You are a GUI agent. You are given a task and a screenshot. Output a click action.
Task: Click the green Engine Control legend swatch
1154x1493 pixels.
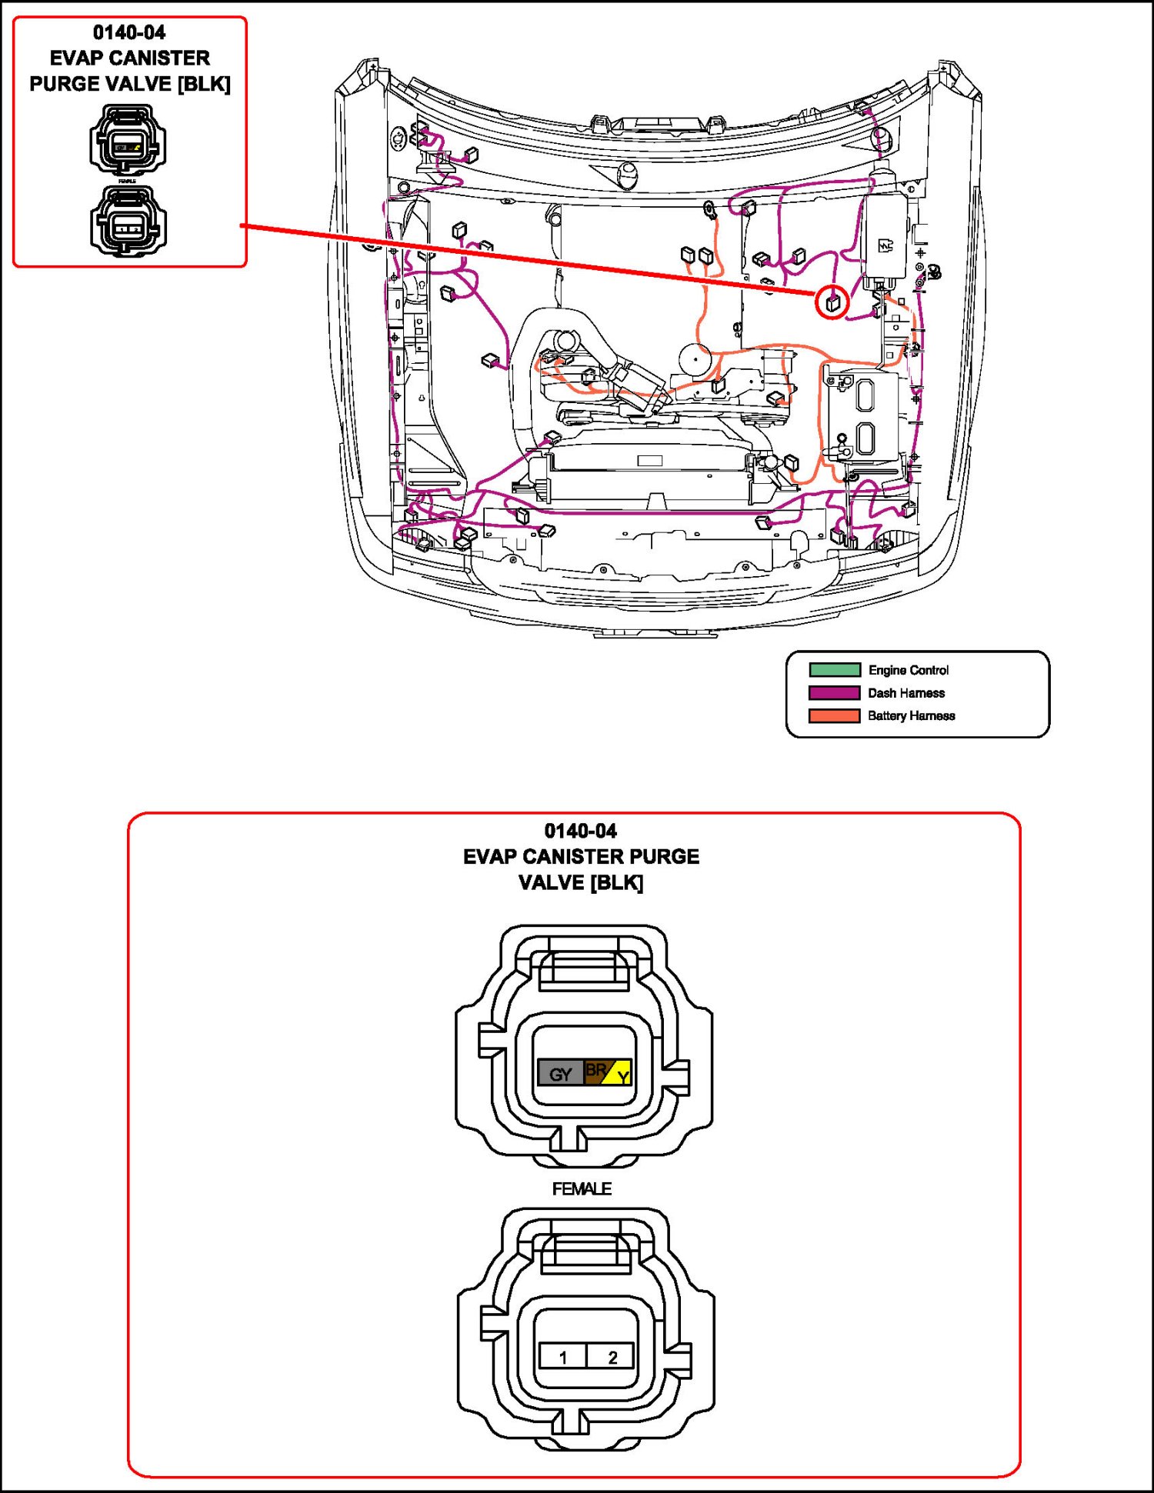point(834,670)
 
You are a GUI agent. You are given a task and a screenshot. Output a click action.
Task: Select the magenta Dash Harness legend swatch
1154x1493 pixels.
point(834,693)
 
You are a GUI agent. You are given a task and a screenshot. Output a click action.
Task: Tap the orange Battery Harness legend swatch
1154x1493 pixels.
point(834,716)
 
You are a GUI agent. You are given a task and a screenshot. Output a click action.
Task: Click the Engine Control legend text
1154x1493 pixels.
point(909,670)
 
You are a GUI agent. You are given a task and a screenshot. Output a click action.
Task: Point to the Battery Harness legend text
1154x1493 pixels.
point(912,716)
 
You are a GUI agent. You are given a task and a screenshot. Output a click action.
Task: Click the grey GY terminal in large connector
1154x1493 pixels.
point(561,1073)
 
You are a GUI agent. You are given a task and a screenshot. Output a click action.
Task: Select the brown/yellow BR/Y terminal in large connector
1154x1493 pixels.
point(609,1072)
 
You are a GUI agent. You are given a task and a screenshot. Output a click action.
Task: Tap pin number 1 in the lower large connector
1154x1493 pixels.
point(563,1357)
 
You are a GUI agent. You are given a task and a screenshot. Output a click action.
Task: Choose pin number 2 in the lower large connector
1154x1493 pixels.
point(612,1357)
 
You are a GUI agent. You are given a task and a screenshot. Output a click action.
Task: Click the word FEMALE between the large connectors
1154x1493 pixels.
point(582,1189)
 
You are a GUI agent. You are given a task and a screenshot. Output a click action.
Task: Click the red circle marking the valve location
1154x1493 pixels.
point(832,302)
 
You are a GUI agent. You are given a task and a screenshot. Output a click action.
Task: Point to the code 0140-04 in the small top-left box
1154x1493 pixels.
point(129,32)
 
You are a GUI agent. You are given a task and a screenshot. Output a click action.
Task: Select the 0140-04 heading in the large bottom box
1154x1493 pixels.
point(581,831)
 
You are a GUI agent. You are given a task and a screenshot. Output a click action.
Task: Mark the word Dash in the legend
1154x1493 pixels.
point(881,693)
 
